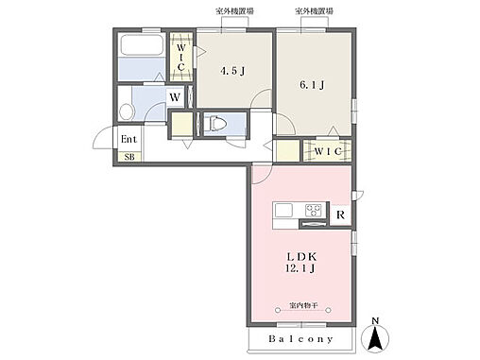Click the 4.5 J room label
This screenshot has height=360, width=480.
click(x=234, y=70)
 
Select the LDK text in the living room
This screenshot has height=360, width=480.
click(x=301, y=256)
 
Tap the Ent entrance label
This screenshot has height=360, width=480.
click(x=129, y=139)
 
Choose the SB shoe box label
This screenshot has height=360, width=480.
click(x=129, y=157)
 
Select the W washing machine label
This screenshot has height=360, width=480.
click(x=175, y=96)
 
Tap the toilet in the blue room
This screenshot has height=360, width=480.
click(x=215, y=123)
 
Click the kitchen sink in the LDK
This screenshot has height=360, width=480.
click(x=285, y=209)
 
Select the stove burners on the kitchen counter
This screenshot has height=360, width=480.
click(x=313, y=209)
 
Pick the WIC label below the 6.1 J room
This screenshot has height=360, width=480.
click(x=328, y=150)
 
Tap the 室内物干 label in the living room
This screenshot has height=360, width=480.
click(x=303, y=306)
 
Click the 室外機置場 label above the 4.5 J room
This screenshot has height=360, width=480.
click(x=232, y=12)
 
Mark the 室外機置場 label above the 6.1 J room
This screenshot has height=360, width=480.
click(x=314, y=12)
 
